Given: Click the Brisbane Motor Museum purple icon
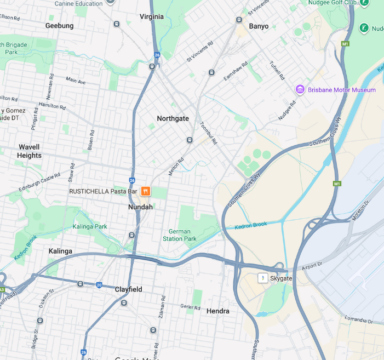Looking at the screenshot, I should point(300,90).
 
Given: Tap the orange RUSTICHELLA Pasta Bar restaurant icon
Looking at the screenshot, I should point(146,191).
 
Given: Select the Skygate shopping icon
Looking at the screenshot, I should point(263,278).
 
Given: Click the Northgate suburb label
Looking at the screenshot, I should point(173,118).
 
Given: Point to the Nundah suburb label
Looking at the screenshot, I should point(140,207).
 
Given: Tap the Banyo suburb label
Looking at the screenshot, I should point(259,26).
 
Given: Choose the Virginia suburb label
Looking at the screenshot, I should point(151,16).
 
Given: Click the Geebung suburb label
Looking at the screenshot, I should point(59,26).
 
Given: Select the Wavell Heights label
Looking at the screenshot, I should point(29,151).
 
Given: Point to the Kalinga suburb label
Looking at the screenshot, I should point(60,251).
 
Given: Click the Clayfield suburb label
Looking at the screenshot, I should point(128,289).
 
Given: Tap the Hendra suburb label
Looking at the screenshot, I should point(218,311).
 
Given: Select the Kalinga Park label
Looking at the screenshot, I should point(90,226).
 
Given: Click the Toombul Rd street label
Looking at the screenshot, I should point(209,133).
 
